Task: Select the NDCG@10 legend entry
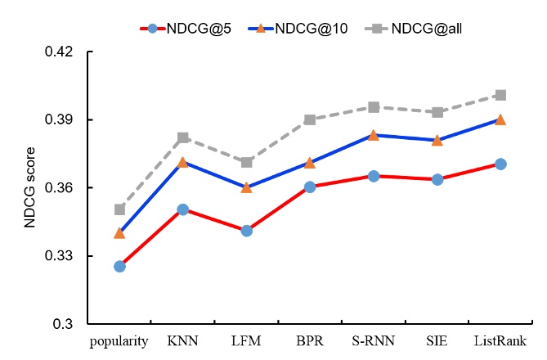286,29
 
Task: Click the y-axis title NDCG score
29,188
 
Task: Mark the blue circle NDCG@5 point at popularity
119,266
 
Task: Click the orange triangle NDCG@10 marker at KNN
183,162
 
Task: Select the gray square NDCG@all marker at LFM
246,162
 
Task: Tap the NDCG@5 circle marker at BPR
310,187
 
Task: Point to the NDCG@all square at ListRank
500,95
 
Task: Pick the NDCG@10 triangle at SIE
437,140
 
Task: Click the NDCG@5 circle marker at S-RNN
373,176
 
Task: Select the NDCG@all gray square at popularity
119,209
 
